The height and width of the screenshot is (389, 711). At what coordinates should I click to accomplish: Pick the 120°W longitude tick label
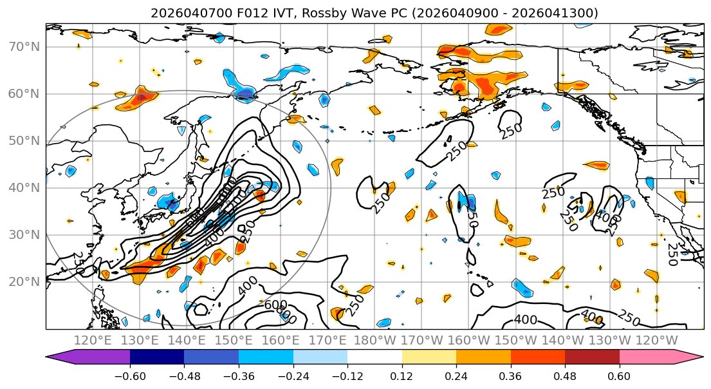[656, 340]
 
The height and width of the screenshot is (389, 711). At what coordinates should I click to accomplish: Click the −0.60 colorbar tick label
[130, 377]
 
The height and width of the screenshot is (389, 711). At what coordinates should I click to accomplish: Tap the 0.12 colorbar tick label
[402, 377]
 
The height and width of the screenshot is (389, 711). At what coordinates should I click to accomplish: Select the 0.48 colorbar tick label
[565, 377]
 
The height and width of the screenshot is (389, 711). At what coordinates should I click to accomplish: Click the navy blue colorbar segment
[157, 357]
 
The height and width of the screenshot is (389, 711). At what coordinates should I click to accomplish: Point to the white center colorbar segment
[374, 357]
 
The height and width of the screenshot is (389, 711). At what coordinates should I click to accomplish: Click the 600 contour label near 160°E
[275, 305]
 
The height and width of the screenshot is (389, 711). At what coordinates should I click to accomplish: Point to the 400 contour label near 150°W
[525, 319]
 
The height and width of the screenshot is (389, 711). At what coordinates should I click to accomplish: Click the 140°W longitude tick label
[564, 340]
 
